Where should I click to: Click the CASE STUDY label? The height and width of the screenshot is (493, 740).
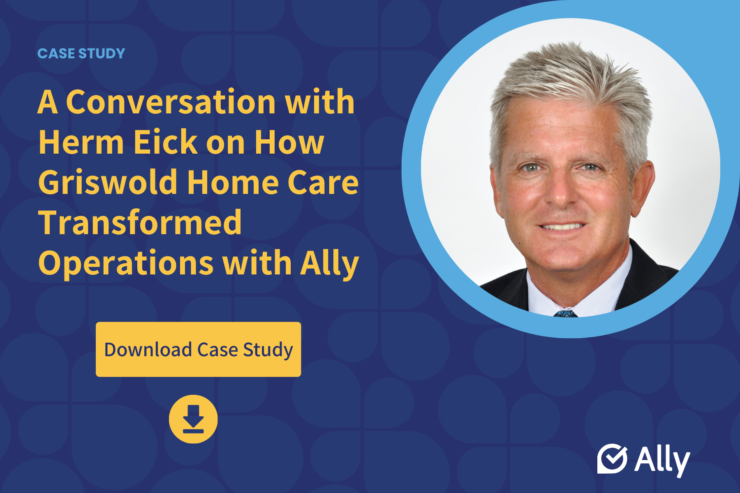click(x=81, y=53)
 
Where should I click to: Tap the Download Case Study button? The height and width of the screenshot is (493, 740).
click(x=198, y=349)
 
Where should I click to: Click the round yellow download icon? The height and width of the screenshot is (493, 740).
click(x=193, y=419)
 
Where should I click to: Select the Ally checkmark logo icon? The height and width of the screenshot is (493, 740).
click(x=612, y=458)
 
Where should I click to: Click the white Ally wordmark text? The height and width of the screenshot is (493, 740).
click(x=662, y=460)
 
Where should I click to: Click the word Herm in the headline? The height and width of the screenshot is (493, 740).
click(x=81, y=142)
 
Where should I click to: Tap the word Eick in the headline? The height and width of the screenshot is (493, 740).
click(x=166, y=142)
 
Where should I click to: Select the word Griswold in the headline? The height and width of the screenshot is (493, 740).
click(x=108, y=182)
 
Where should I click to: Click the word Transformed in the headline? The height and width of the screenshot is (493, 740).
click(x=140, y=222)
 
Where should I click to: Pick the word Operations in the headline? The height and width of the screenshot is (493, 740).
click(x=126, y=263)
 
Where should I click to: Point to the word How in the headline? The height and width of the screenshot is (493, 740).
click(x=289, y=142)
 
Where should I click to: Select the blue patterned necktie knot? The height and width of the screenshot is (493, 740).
click(x=565, y=313)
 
